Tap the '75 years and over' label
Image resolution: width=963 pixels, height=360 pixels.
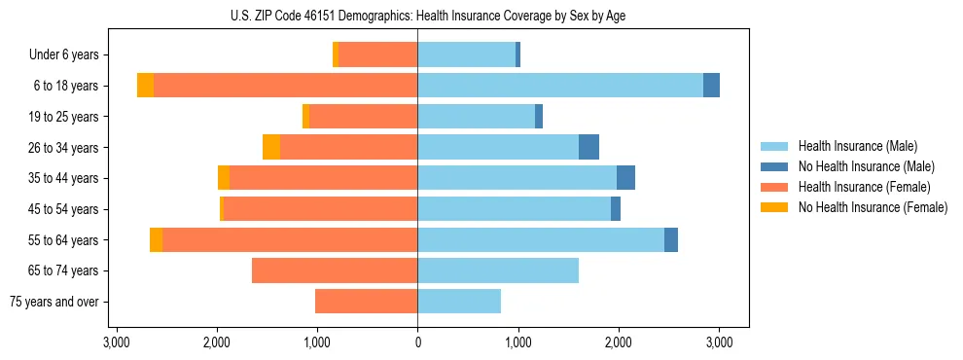[x=53, y=302]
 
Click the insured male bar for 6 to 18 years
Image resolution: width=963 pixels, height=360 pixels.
[x=560, y=86]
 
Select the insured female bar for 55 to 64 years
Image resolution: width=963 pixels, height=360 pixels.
[x=290, y=240]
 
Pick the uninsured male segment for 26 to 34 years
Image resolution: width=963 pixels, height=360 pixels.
[x=588, y=148]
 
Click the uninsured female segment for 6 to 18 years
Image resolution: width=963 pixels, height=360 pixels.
[x=145, y=86]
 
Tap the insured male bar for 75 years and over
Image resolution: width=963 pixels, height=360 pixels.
[x=459, y=302]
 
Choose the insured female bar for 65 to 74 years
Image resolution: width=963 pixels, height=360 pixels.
[x=335, y=270]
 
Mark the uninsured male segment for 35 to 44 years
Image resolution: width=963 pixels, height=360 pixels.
[x=625, y=178]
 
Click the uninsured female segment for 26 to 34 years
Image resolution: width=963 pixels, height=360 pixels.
[x=271, y=148]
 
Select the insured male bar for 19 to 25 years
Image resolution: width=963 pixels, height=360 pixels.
[x=476, y=117]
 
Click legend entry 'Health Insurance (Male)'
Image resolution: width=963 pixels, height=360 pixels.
[x=857, y=146]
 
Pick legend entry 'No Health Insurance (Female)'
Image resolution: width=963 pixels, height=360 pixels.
[x=873, y=207]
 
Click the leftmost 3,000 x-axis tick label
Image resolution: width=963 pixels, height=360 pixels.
[x=116, y=342]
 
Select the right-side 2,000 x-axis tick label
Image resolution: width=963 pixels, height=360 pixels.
[x=619, y=342]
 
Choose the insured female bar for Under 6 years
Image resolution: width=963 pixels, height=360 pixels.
[x=377, y=55]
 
